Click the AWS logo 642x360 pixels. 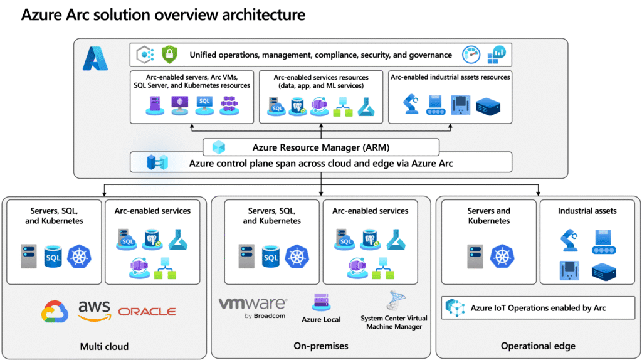[95, 310]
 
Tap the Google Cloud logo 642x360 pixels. [55, 312]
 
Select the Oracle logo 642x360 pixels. [147, 312]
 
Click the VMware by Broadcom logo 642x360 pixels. [253, 308]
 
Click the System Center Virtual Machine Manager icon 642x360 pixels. [396, 301]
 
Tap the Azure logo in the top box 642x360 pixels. [95, 58]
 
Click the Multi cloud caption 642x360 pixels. [105, 346]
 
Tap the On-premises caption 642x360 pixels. [321, 346]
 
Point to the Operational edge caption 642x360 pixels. [538, 346]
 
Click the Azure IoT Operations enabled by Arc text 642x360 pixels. [538, 308]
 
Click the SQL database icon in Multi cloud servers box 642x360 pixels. [53, 256]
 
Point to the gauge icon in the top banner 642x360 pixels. [471, 55]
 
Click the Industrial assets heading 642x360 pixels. [587, 211]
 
